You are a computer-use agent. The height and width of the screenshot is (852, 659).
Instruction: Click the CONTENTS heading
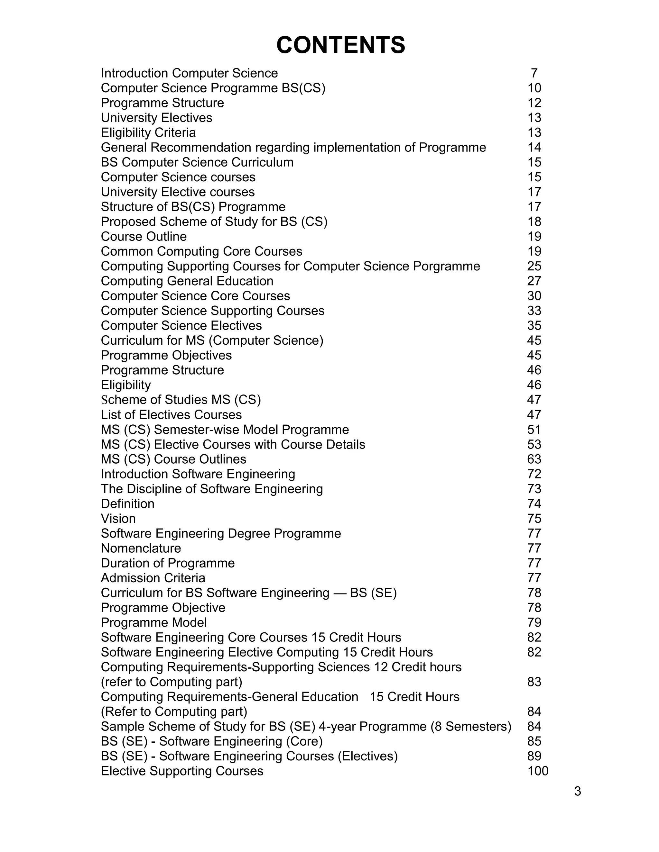(x=340, y=45)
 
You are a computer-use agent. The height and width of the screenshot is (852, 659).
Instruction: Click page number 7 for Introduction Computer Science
(x=534, y=73)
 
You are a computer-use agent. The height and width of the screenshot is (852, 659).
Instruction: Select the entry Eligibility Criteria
(x=148, y=133)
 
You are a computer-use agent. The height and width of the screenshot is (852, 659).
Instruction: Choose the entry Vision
(x=118, y=519)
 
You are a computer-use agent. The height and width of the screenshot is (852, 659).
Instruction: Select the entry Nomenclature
(x=141, y=548)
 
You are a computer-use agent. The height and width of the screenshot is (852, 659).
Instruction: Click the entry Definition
(x=128, y=503)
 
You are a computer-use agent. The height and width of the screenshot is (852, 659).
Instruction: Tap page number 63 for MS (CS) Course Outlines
(x=534, y=459)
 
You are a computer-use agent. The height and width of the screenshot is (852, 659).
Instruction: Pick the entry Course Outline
(x=144, y=236)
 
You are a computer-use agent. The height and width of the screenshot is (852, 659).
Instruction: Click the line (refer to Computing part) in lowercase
(x=172, y=682)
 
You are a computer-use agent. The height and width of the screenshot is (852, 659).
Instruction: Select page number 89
(x=534, y=756)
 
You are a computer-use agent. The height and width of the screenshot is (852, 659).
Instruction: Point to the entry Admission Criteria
(x=153, y=578)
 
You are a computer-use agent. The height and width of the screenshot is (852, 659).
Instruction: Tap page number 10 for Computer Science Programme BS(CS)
(x=534, y=88)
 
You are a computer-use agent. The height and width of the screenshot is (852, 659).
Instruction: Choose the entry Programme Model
(x=154, y=622)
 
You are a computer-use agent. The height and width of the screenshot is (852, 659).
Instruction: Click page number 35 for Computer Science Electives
(x=534, y=325)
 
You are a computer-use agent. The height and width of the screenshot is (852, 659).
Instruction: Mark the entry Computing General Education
(x=187, y=281)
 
